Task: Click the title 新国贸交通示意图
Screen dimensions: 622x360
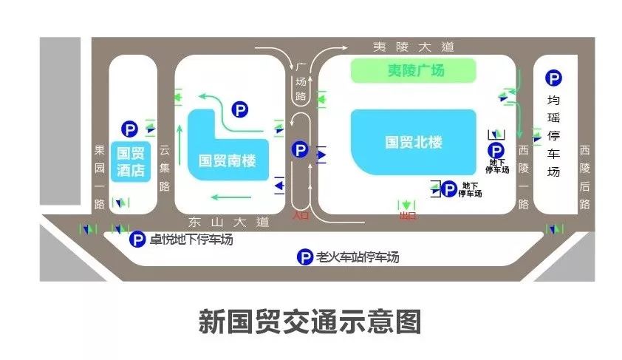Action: (310, 322)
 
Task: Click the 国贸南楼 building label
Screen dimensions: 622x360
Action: (227, 160)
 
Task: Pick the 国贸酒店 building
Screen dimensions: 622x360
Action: (133, 162)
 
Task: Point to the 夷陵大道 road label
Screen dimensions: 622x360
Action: (413, 47)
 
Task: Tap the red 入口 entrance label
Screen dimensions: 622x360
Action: (300, 216)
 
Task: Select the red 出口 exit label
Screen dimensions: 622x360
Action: (407, 216)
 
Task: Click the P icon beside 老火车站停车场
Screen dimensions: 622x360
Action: (304, 257)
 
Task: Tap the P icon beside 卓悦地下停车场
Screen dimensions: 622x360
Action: (137, 240)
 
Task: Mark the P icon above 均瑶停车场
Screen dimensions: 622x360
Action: (553, 78)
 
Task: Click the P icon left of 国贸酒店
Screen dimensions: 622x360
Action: (129, 129)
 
